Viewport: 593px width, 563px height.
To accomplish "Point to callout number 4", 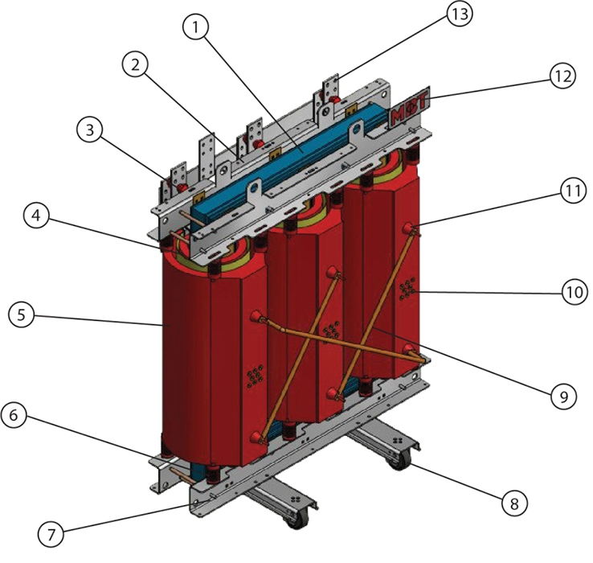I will pos(33,218).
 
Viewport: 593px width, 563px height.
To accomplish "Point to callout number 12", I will pos(562,76).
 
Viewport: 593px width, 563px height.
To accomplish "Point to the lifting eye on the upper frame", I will pos(255,191).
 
